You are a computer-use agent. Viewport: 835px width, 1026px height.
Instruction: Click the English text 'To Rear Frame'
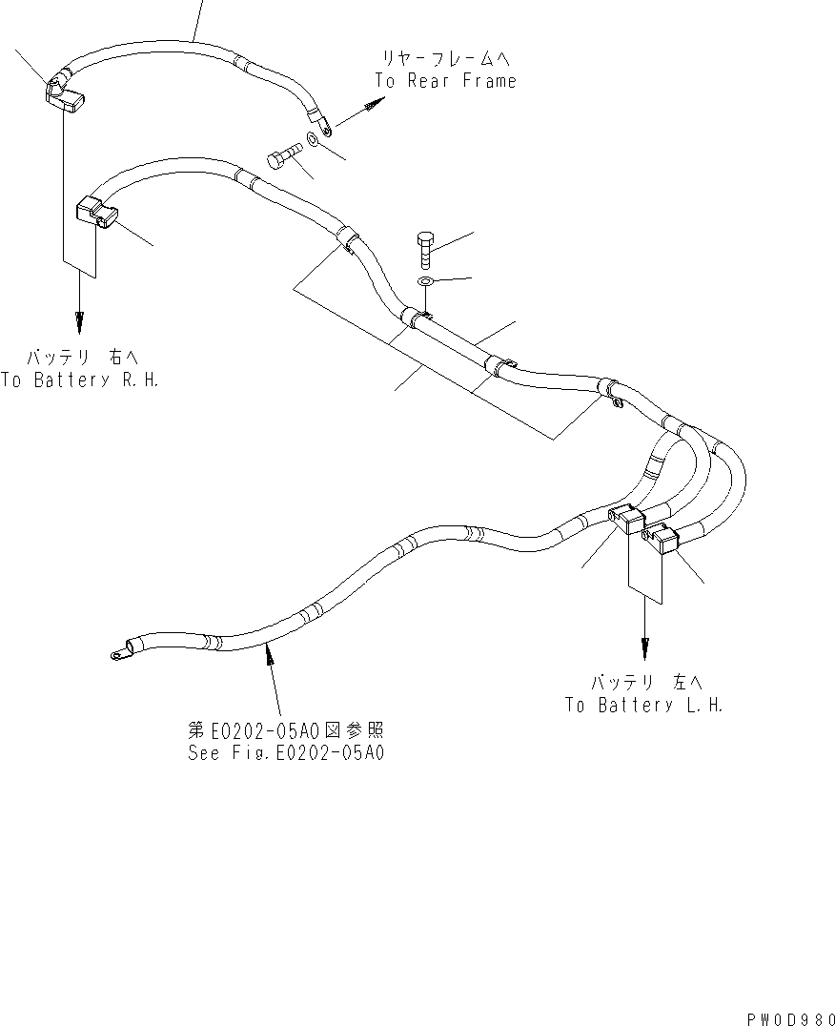(x=445, y=81)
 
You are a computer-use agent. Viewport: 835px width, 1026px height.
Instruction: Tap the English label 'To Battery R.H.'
(x=79, y=380)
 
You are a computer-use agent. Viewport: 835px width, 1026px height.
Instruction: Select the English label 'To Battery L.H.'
(x=644, y=705)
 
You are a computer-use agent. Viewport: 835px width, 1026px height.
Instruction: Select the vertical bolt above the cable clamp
(x=426, y=248)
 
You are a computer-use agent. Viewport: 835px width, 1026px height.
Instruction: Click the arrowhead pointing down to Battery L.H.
(x=645, y=647)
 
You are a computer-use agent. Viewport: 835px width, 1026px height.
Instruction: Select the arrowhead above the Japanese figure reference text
(x=271, y=651)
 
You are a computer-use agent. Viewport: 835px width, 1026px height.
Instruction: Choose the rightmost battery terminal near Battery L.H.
(x=663, y=540)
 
